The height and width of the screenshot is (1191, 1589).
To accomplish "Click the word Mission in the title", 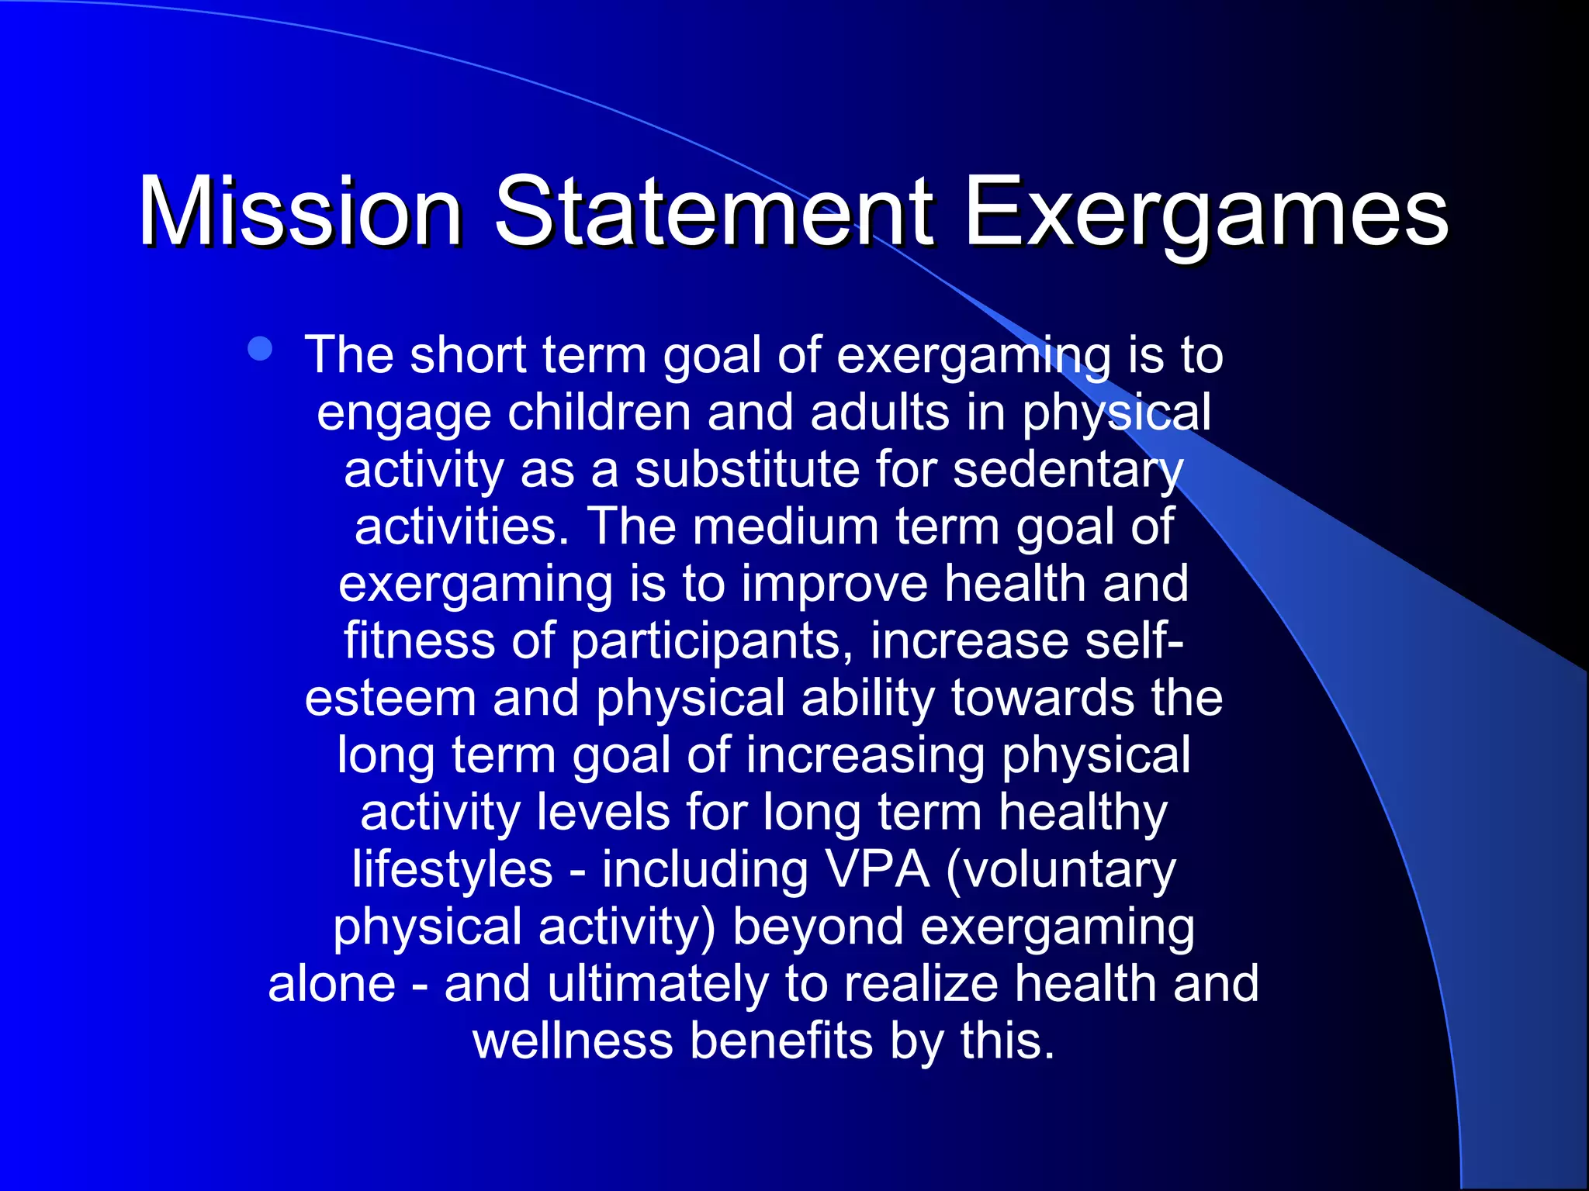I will point(300,211).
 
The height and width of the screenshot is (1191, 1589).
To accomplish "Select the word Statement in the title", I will point(714,211).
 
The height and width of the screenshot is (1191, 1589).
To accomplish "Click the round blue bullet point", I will point(260,350).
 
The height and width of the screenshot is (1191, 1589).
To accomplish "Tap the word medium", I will point(785,526).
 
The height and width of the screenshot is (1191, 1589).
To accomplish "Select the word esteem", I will point(389,698).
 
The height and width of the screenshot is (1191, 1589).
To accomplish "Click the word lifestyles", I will point(452,870).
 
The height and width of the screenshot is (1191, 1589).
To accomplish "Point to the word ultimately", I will point(657,984).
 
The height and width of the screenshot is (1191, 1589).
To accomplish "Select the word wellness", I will point(573,1041).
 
